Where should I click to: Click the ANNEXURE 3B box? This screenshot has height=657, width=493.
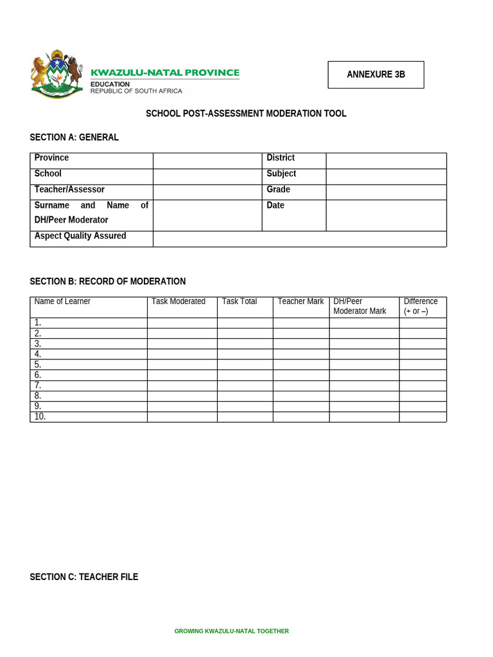click(376, 74)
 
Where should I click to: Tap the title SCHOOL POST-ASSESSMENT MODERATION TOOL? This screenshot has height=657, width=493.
click(246, 114)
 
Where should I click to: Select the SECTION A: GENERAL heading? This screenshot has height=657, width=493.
click(74, 137)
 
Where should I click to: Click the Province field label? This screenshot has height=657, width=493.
click(51, 158)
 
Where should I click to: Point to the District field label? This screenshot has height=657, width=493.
click(281, 158)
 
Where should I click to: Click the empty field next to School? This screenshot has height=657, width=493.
click(207, 176)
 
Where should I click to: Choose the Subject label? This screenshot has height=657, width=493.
click(281, 174)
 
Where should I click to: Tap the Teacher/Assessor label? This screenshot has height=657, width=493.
click(69, 190)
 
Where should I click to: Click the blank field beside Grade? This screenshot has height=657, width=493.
click(386, 192)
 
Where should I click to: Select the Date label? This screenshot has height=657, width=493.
click(275, 205)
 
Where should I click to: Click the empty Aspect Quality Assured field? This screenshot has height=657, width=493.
click(299, 239)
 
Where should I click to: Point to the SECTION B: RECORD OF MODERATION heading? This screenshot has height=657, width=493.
click(108, 281)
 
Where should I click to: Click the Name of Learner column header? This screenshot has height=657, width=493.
click(62, 302)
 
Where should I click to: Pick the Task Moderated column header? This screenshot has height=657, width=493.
click(178, 302)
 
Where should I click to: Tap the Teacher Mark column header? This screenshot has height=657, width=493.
click(300, 302)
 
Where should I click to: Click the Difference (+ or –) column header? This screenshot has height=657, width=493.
click(420, 306)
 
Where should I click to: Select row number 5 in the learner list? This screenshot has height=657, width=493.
click(38, 364)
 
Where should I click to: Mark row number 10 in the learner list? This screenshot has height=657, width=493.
click(40, 416)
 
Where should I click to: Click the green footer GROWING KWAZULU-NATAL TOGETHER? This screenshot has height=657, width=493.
click(232, 631)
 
